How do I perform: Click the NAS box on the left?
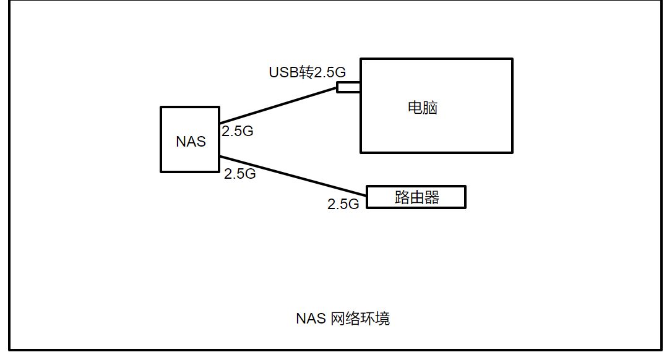coord(189,140)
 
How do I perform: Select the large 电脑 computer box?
coord(436,124)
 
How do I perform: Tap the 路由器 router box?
coord(416,197)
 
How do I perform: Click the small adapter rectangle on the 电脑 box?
coord(348,87)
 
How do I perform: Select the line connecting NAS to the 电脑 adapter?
coord(278,105)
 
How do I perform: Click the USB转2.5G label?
coord(306,72)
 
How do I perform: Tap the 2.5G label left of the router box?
coord(343,204)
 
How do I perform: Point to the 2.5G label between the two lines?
coord(238,131)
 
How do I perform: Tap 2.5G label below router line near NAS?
coord(240,174)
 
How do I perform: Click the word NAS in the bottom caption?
coord(310,319)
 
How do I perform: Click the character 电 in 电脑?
coord(415,108)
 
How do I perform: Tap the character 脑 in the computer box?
coord(431,108)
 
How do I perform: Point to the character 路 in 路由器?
coord(402,197)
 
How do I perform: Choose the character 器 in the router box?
coord(432,197)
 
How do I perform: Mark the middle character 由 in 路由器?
coord(417,197)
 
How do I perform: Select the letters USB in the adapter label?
coord(283,72)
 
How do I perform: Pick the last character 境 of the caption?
coord(382,319)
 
